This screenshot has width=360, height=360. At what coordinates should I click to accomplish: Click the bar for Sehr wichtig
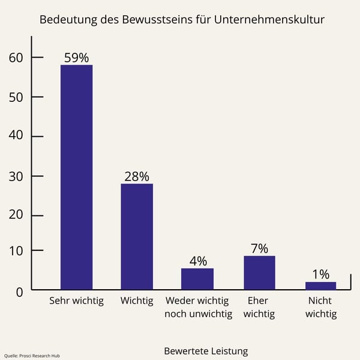[x=76, y=177]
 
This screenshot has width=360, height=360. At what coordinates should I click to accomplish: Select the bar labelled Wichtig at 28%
[x=137, y=236]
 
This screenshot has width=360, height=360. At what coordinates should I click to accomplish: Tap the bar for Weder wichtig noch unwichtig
[x=197, y=279]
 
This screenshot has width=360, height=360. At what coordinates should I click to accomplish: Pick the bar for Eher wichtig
[x=259, y=273]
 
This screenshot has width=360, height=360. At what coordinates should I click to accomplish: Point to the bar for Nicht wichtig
[x=321, y=286]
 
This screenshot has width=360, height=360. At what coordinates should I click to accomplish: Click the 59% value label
[x=76, y=58]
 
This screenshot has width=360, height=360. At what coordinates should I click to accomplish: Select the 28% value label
[x=137, y=176]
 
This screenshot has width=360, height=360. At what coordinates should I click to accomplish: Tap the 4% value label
[x=198, y=261]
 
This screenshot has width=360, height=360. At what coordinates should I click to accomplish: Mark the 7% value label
[x=259, y=248]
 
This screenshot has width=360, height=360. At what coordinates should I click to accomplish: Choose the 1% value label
[x=321, y=274]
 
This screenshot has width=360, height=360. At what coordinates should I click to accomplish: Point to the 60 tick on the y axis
[x=16, y=58]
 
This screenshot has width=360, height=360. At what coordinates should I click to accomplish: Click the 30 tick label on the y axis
[x=16, y=176]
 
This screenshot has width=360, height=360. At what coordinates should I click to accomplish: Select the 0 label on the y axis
[x=19, y=292]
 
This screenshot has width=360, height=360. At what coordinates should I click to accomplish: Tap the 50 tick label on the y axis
[x=16, y=97]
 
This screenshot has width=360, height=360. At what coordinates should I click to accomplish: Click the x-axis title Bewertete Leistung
[x=206, y=350]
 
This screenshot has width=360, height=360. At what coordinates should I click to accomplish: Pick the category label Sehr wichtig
[x=76, y=301]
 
